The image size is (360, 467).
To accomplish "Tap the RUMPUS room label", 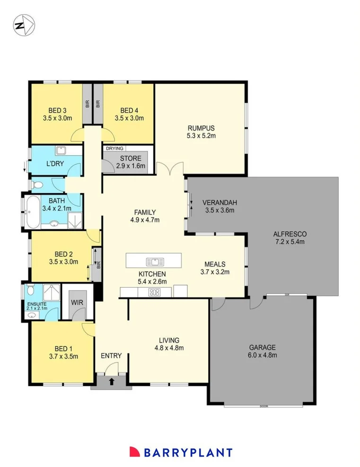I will coord(201,128).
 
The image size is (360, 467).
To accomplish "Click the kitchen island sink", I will coord(155,262).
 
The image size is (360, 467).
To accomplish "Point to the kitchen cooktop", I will coord(154,292).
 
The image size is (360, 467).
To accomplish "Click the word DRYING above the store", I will coord(114,149).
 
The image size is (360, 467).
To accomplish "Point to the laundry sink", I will coord(61,151).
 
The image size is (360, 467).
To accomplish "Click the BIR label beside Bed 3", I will coord(88,104).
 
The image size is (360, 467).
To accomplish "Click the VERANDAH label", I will coord(220,203).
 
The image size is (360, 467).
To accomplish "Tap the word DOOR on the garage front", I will coord(263,406).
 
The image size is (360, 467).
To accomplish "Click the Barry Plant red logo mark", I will coord(135,452).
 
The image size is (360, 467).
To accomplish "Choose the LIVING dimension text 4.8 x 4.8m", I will coord(169,348).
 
